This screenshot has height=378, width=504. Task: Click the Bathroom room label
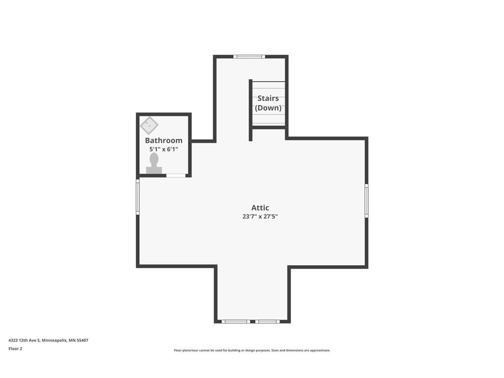(163, 140)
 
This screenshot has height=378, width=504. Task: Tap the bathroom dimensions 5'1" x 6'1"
(163, 149)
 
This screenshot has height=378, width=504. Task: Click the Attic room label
(260, 208)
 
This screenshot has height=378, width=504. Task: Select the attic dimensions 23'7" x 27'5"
(260, 216)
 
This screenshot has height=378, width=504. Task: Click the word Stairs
(268, 98)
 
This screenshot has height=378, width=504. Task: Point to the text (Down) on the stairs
(268, 108)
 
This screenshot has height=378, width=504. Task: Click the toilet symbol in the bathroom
(154, 164)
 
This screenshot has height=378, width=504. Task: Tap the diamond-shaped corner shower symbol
(149, 125)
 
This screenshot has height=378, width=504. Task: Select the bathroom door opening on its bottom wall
(176, 175)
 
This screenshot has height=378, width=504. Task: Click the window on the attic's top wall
(249, 57)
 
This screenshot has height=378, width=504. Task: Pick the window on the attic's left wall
(138, 196)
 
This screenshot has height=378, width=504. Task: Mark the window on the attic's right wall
(366, 200)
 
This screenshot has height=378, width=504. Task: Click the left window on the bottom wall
(235, 321)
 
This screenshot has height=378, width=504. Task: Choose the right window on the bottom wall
(267, 321)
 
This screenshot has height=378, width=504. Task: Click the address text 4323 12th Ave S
(25, 340)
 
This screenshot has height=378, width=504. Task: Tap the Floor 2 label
(15, 348)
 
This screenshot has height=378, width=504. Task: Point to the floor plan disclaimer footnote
(252, 350)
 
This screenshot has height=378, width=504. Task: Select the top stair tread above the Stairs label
(268, 85)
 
